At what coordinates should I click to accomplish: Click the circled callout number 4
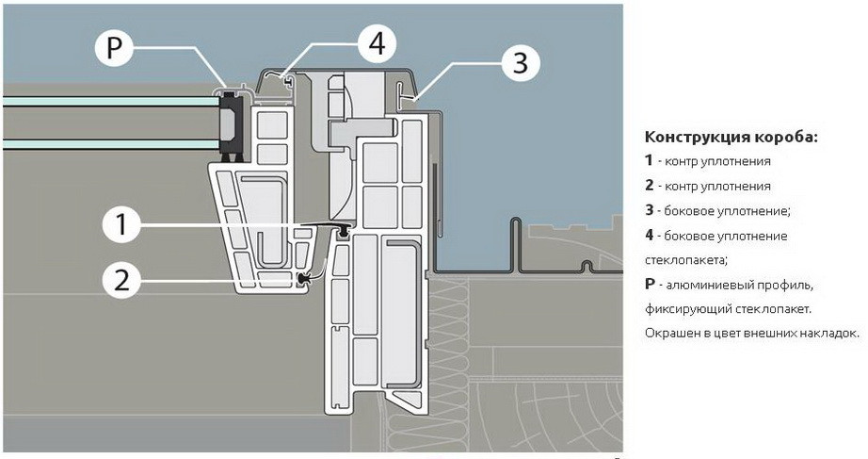click(376, 42)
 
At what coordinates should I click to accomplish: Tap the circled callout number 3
click(520, 64)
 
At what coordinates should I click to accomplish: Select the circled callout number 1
click(121, 224)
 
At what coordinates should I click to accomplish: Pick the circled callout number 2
click(121, 279)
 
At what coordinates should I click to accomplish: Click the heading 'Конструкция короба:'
click(731, 138)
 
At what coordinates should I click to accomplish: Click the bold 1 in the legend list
click(649, 161)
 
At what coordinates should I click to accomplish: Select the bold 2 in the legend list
click(649, 186)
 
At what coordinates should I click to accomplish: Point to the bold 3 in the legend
click(649, 210)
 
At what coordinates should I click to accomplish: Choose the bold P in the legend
click(649, 285)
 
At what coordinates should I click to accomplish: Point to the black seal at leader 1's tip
click(345, 229)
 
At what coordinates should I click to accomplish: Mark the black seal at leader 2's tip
click(302, 277)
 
